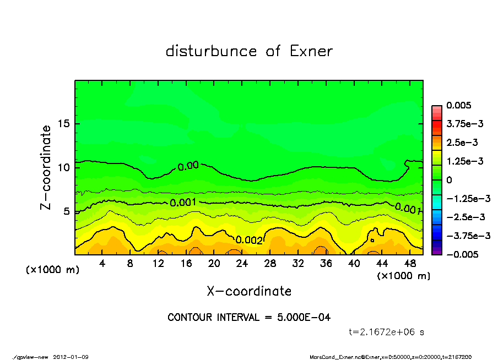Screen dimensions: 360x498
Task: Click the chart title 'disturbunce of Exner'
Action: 249,51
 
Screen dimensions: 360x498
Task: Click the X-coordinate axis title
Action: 249,291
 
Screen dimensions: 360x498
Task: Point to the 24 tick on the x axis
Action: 242,264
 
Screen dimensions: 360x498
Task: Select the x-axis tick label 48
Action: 409,264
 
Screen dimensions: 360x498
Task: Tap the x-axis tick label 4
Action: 102,264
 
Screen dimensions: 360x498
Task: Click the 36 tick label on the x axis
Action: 326,264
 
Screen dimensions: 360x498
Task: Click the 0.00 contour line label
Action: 188,166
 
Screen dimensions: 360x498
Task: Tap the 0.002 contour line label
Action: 249,240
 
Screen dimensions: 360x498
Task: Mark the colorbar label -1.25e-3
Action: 466,198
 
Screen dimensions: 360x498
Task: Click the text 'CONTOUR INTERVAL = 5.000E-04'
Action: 249,318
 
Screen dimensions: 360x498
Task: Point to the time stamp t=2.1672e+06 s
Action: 386,332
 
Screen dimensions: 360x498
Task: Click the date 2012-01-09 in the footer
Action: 71,357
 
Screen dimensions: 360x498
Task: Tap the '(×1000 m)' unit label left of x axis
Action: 49,270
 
